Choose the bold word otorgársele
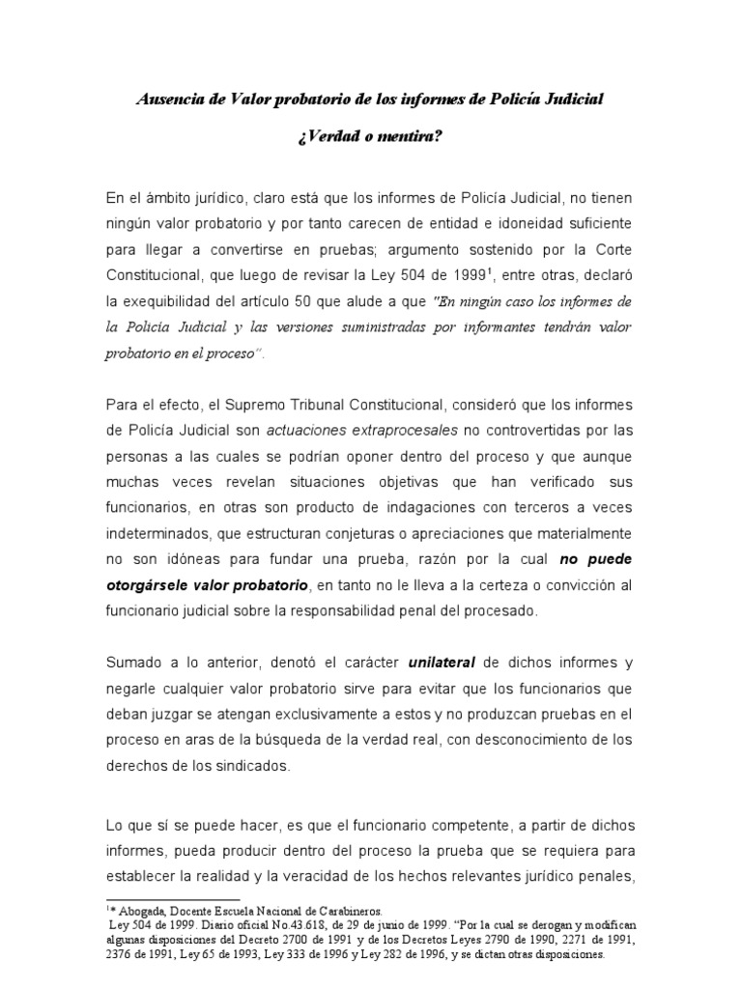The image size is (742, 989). coord(154,585)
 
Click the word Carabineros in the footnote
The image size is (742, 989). coord(341,910)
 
